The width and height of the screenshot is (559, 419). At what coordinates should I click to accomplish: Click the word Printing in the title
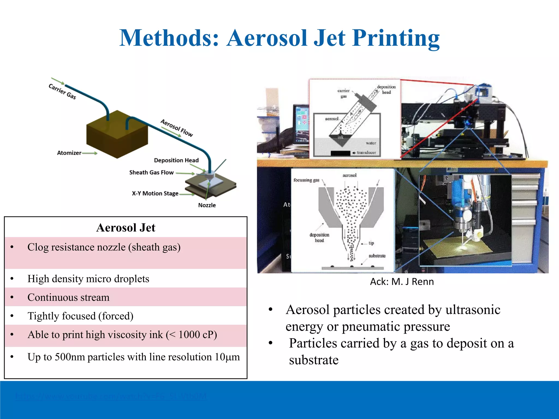pyautogui.click(x=396, y=38)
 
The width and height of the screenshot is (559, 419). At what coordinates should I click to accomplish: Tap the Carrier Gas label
pyautogui.click(x=62, y=91)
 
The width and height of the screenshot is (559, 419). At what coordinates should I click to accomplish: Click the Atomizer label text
pyautogui.click(x=69, y=153)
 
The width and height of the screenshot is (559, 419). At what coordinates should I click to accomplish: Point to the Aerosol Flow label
pyautogui.click(x=177, y=128)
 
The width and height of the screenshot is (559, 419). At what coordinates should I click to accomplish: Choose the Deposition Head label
pyautogui.click(x=176, y=160)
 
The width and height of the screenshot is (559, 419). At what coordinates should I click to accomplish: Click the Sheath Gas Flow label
pyautogui.click(x=151, y=172)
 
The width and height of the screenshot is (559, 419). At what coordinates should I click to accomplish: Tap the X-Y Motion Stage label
pyautogui.click(x=155, y=193)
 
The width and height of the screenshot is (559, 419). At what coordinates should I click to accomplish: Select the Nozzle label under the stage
pyautogui.click(x=207, y=205)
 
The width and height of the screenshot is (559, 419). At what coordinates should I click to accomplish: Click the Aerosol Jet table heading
pyautogui.click(x=126, y=228)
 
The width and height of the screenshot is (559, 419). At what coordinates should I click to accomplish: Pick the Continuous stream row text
pyautogui.click(x=68, y=297)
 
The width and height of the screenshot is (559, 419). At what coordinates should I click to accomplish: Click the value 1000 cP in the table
pyautogui.click(x=195, y=335)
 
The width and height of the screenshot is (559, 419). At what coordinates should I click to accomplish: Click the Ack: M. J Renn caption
pyautogui.click(x=402, y=282)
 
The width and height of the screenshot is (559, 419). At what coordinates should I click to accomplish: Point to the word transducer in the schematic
pyautogui.click(x=366, y=152)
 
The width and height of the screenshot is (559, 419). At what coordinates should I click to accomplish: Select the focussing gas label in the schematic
pyautogui.click(x=306, y=180)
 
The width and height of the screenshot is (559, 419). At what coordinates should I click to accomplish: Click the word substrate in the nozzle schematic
pyautogui.click(x=377, y=256)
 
